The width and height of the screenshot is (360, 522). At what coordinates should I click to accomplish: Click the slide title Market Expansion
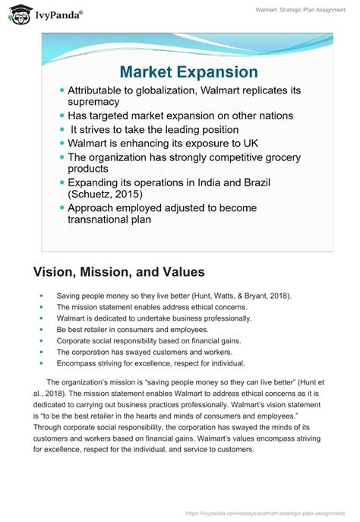(x=188, y=73)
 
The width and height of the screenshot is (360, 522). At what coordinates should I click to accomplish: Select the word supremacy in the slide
(x=94, y=102)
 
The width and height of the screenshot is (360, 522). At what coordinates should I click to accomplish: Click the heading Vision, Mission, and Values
(x=119, y=271)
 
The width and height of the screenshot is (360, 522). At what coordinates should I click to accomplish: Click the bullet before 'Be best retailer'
(x=40, y=330)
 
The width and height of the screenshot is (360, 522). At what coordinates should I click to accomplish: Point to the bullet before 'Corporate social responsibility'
(x=40, y=341)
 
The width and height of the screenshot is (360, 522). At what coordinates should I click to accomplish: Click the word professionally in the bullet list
(x=225, y=318)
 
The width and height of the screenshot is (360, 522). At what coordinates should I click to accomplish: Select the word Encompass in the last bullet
(x=76, y=364)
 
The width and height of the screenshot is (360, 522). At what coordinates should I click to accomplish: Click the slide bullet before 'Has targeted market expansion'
(x=62, y=115)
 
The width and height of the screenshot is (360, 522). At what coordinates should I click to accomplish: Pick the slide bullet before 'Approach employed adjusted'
(x=62, y=208)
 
